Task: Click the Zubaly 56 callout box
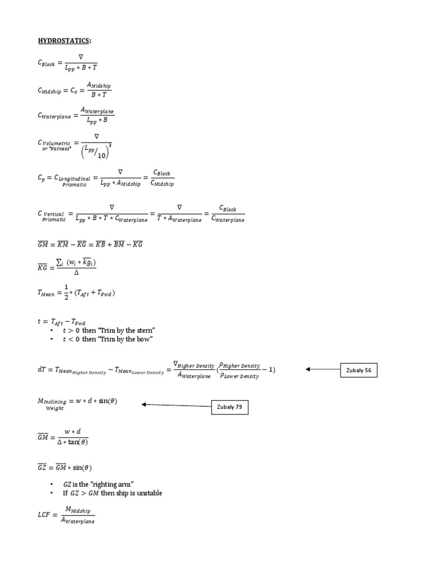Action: pyautogui.click(x=359, y=370)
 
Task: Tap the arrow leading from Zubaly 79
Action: pyautogui.click(x=176, y=404)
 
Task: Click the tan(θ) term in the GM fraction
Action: pyautogui.click(x=77, y=441)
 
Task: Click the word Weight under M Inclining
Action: pyautogui.click(x=54, y=408)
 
